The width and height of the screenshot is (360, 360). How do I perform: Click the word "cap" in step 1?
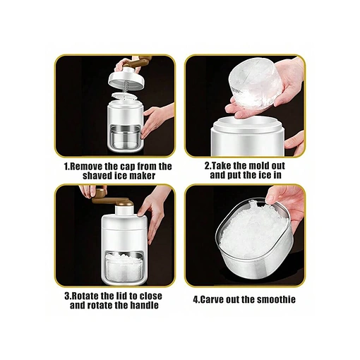pyautogui.click(x=127, y=167)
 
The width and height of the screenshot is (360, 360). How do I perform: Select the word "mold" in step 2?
pyautogui.click(x=258, y=166)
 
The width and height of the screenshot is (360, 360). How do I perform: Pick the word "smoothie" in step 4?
pyautogui.click(x=276, y=299)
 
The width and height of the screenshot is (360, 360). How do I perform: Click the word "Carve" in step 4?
pyautogui.click(x=210, y=300)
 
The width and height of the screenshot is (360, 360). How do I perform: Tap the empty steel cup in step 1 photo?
pyautogui.click(x=125, y=138)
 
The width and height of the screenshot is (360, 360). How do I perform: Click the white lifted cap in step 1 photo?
pyautogui.click(x=128, y=78)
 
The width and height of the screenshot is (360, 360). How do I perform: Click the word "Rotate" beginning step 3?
pyautogui.click(x=84, y=296)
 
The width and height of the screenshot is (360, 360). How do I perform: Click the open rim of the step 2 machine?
pyautogui.click(x=247, y=124)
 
